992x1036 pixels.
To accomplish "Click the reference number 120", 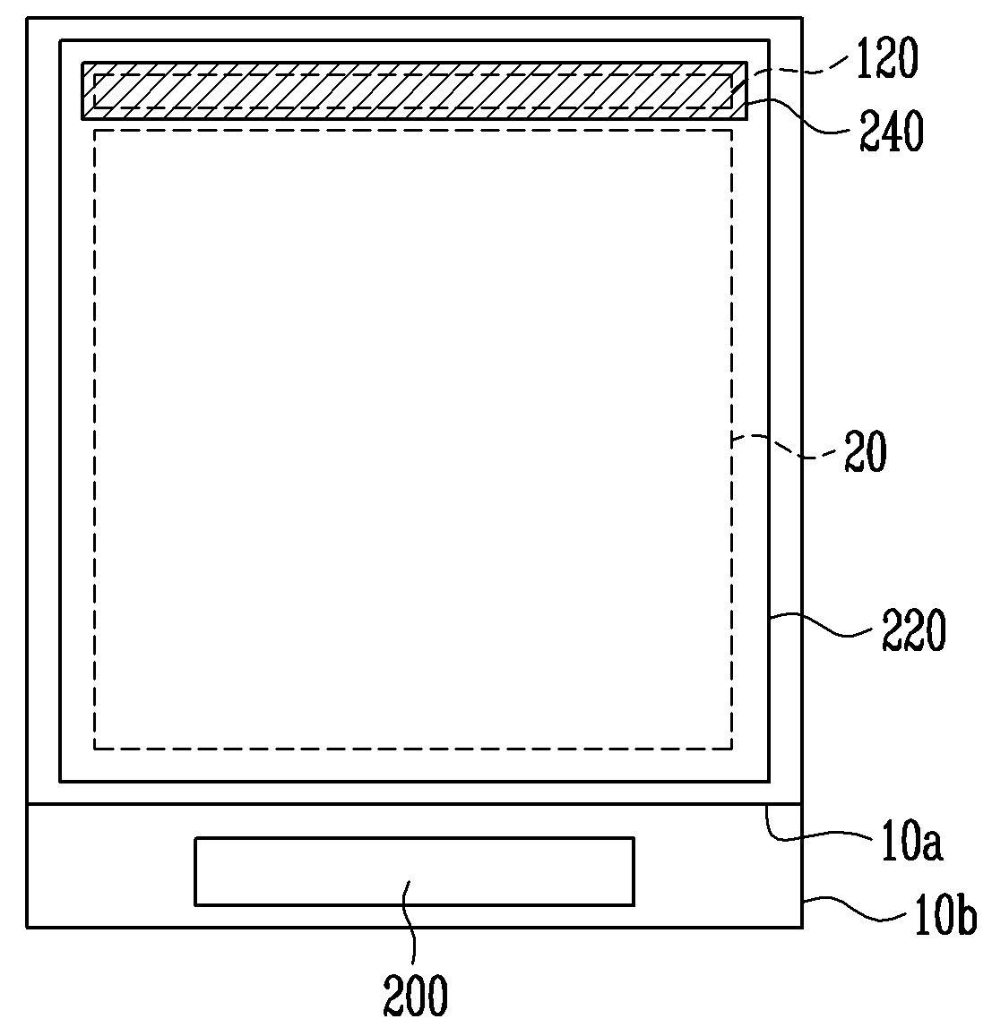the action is coord(888,58).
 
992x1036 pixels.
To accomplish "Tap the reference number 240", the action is coord(892,132).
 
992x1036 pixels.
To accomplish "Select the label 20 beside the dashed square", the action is coord(865,452).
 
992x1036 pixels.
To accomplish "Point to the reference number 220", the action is coord(913,631).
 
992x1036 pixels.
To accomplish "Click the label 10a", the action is coord(911,841).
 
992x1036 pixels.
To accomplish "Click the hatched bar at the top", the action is coord(415,91).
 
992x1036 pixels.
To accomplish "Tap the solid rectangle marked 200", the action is coord(415,871).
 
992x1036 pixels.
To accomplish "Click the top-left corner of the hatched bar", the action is coord(82,63).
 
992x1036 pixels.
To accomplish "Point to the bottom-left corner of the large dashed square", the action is coord(95,749).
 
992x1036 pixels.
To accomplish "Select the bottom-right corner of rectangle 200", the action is coord(634,905).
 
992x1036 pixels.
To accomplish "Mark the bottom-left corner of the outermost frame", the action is coord(27,928).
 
